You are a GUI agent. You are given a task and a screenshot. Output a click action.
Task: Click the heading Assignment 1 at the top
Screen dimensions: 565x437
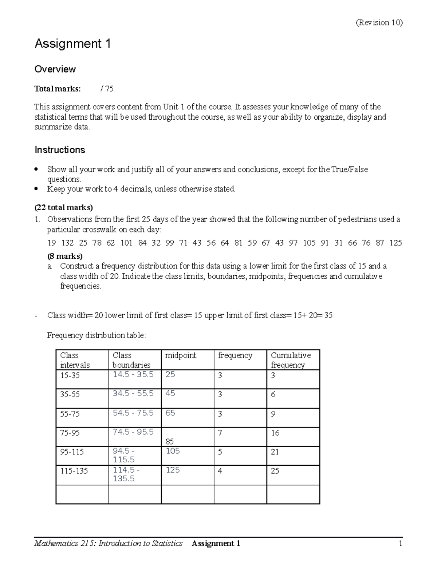click(x=72, y=44)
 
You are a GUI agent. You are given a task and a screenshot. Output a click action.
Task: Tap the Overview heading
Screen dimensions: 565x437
click(x=55, y=69)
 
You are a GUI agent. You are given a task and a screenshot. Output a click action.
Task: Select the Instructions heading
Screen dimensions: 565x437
click(x=60, y=150)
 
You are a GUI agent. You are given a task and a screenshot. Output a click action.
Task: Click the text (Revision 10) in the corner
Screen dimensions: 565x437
click(x=379, y=23)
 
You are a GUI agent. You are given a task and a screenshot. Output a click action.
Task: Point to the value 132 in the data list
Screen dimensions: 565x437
click(x=67, y=243)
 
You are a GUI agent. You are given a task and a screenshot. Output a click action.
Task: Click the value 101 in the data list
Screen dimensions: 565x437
click(x=126, y=243)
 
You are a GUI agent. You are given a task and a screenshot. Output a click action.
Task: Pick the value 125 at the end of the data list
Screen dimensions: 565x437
click(x=395, y=243)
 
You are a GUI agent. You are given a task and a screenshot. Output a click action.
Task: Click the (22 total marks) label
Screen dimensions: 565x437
click(x=63, y=208)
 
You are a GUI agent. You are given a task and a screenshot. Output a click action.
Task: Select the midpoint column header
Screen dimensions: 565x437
click(x=181, y=355)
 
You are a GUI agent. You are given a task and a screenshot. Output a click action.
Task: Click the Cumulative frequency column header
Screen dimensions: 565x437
click(x=291, y=360)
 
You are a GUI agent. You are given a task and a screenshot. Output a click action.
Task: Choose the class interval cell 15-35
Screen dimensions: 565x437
click(x=70, y=375)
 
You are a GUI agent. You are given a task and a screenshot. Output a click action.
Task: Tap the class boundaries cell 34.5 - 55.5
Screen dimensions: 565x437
click(x=133, y=394)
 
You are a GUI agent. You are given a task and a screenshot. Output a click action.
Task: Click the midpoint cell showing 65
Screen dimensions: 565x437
click(x=170, y=413)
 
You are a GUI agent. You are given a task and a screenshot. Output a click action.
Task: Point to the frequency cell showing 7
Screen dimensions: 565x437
click(x=220, y=433)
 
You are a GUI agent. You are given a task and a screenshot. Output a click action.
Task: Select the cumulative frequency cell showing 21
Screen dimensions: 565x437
click(x=275, y=452)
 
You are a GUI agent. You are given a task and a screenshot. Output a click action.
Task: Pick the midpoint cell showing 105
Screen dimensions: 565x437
click(x=173, y=451)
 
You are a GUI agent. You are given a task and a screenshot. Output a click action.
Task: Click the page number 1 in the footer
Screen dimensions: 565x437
click(x=400, y=544)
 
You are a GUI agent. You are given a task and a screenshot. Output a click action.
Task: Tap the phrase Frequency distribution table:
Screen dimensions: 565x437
click(x=97, y=335)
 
